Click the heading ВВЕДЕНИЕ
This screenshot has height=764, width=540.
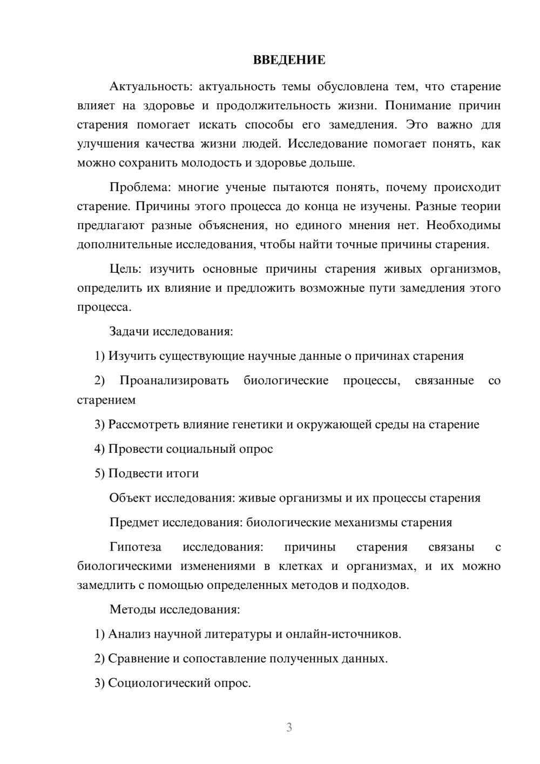[289, 60]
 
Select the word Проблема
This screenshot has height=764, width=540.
[139, 187]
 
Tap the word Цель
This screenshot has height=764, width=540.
[125, 269]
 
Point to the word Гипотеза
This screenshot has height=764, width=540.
[135, 547]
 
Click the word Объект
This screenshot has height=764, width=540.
[130, 498]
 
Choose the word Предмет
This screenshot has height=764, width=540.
[134, 522]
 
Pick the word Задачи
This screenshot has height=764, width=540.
[129, 331]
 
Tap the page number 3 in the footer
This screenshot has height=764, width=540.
[289, 727]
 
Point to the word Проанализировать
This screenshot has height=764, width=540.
[174, 380]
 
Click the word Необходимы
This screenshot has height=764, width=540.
[463, 225]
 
